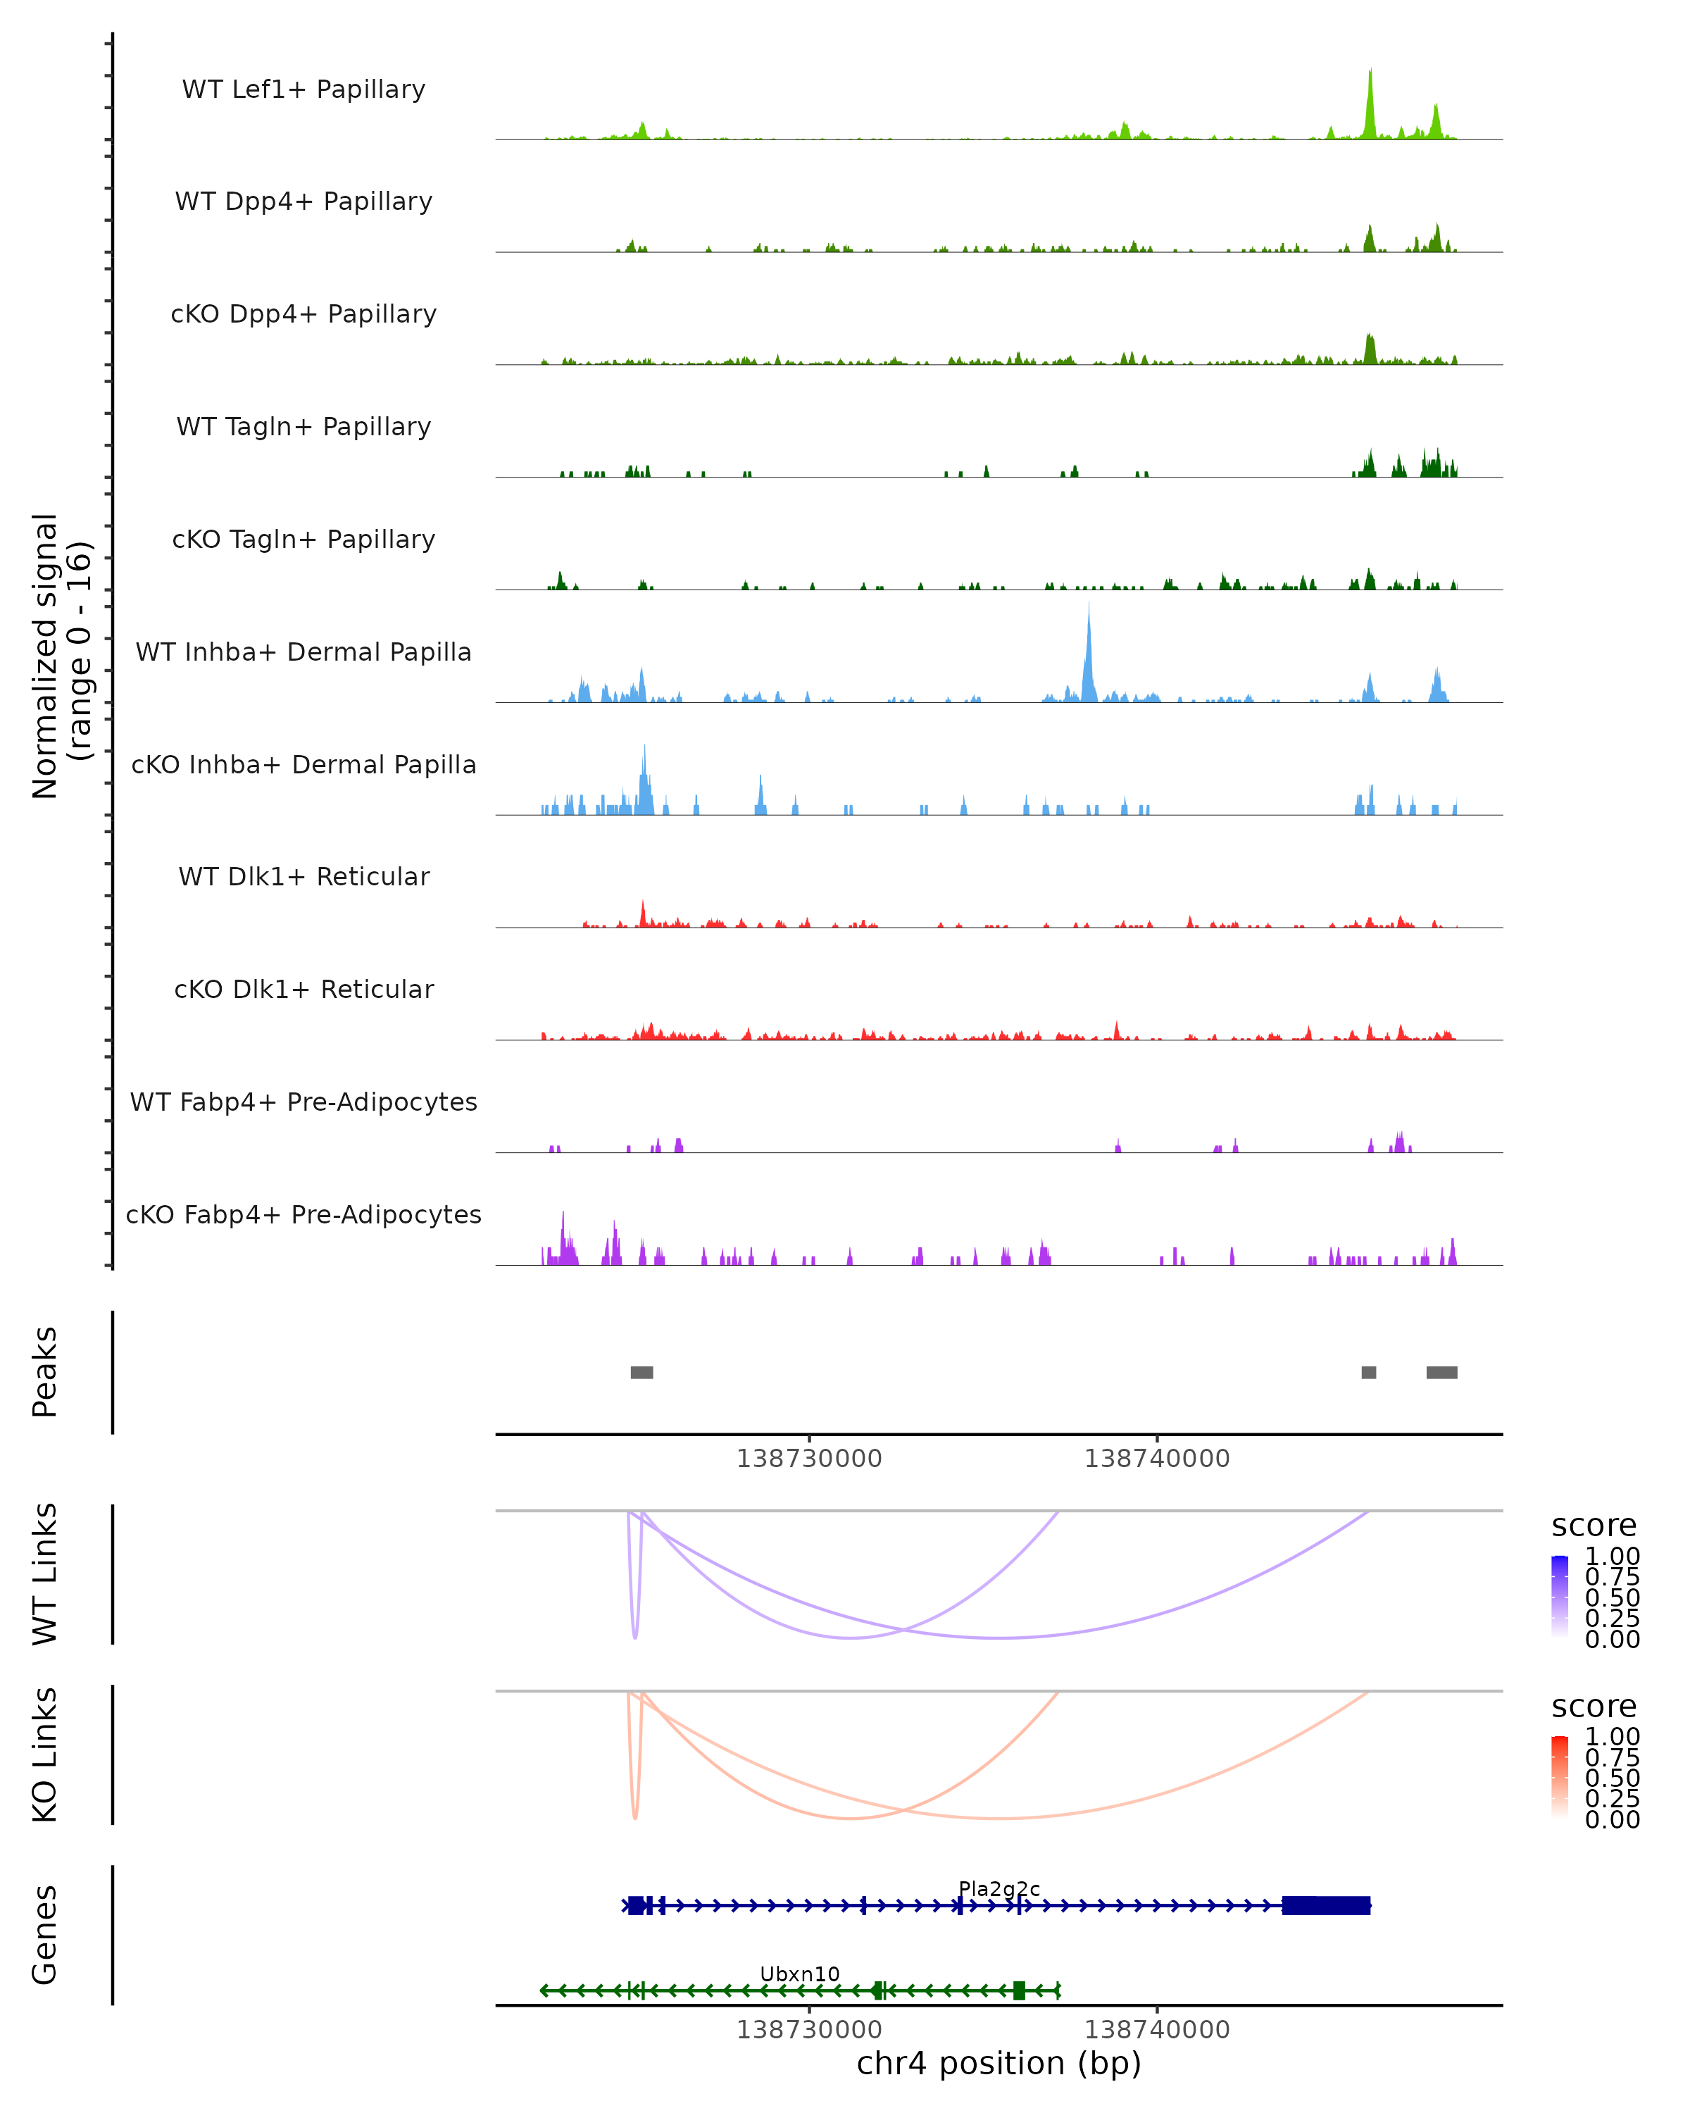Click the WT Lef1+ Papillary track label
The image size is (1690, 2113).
coord(303,89)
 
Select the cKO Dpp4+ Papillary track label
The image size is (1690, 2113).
coord(303,313)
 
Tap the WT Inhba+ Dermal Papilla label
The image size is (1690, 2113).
coord(303,652)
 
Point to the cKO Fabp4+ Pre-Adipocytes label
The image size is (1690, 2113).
coord(303,1214)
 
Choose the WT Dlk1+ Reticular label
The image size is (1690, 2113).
coord(303,876)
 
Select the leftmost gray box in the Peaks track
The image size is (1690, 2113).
coord(641,1372)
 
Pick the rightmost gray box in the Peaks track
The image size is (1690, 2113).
coord(1441,1372)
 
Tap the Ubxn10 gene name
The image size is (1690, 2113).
coord(799,1974)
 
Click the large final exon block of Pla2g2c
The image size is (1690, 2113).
coord(1325,1905)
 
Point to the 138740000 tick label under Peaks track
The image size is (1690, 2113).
coord(1156,1459)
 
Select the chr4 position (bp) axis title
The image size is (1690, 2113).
coord(999,2063)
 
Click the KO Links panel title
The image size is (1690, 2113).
coord(44,1754)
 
